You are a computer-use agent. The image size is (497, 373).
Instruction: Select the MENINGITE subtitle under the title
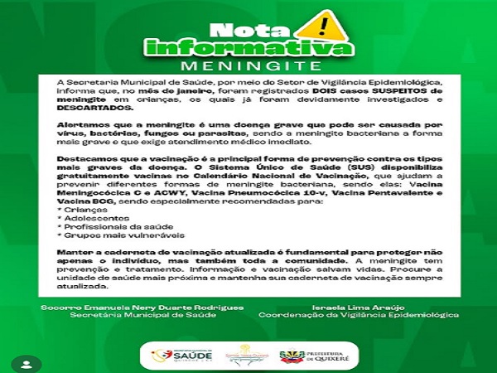[x=248, y=65]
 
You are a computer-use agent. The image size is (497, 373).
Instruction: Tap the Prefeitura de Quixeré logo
[x=316, y=355]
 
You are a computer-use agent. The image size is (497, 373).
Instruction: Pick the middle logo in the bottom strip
[x=246, y=354]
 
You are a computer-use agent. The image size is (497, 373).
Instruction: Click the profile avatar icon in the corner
[x=27, y=363]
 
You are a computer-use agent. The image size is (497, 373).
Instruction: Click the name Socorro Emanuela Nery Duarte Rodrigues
[x=142, y=308]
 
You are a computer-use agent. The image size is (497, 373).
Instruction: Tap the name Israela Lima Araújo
[x=358, y=308]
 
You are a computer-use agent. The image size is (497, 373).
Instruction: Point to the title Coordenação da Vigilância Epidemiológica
[x=359, y=316]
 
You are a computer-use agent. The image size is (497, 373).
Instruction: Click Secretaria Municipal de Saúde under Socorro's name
[x=141, y=316]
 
